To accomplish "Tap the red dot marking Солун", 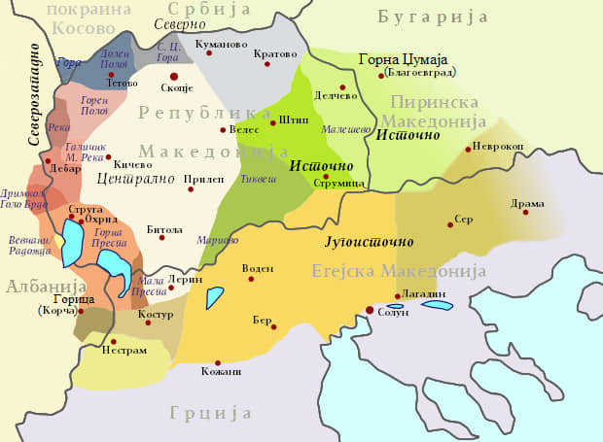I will (x=369, y=311).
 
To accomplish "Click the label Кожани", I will (x=223, y=371).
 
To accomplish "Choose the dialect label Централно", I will (x=129, y=178).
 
